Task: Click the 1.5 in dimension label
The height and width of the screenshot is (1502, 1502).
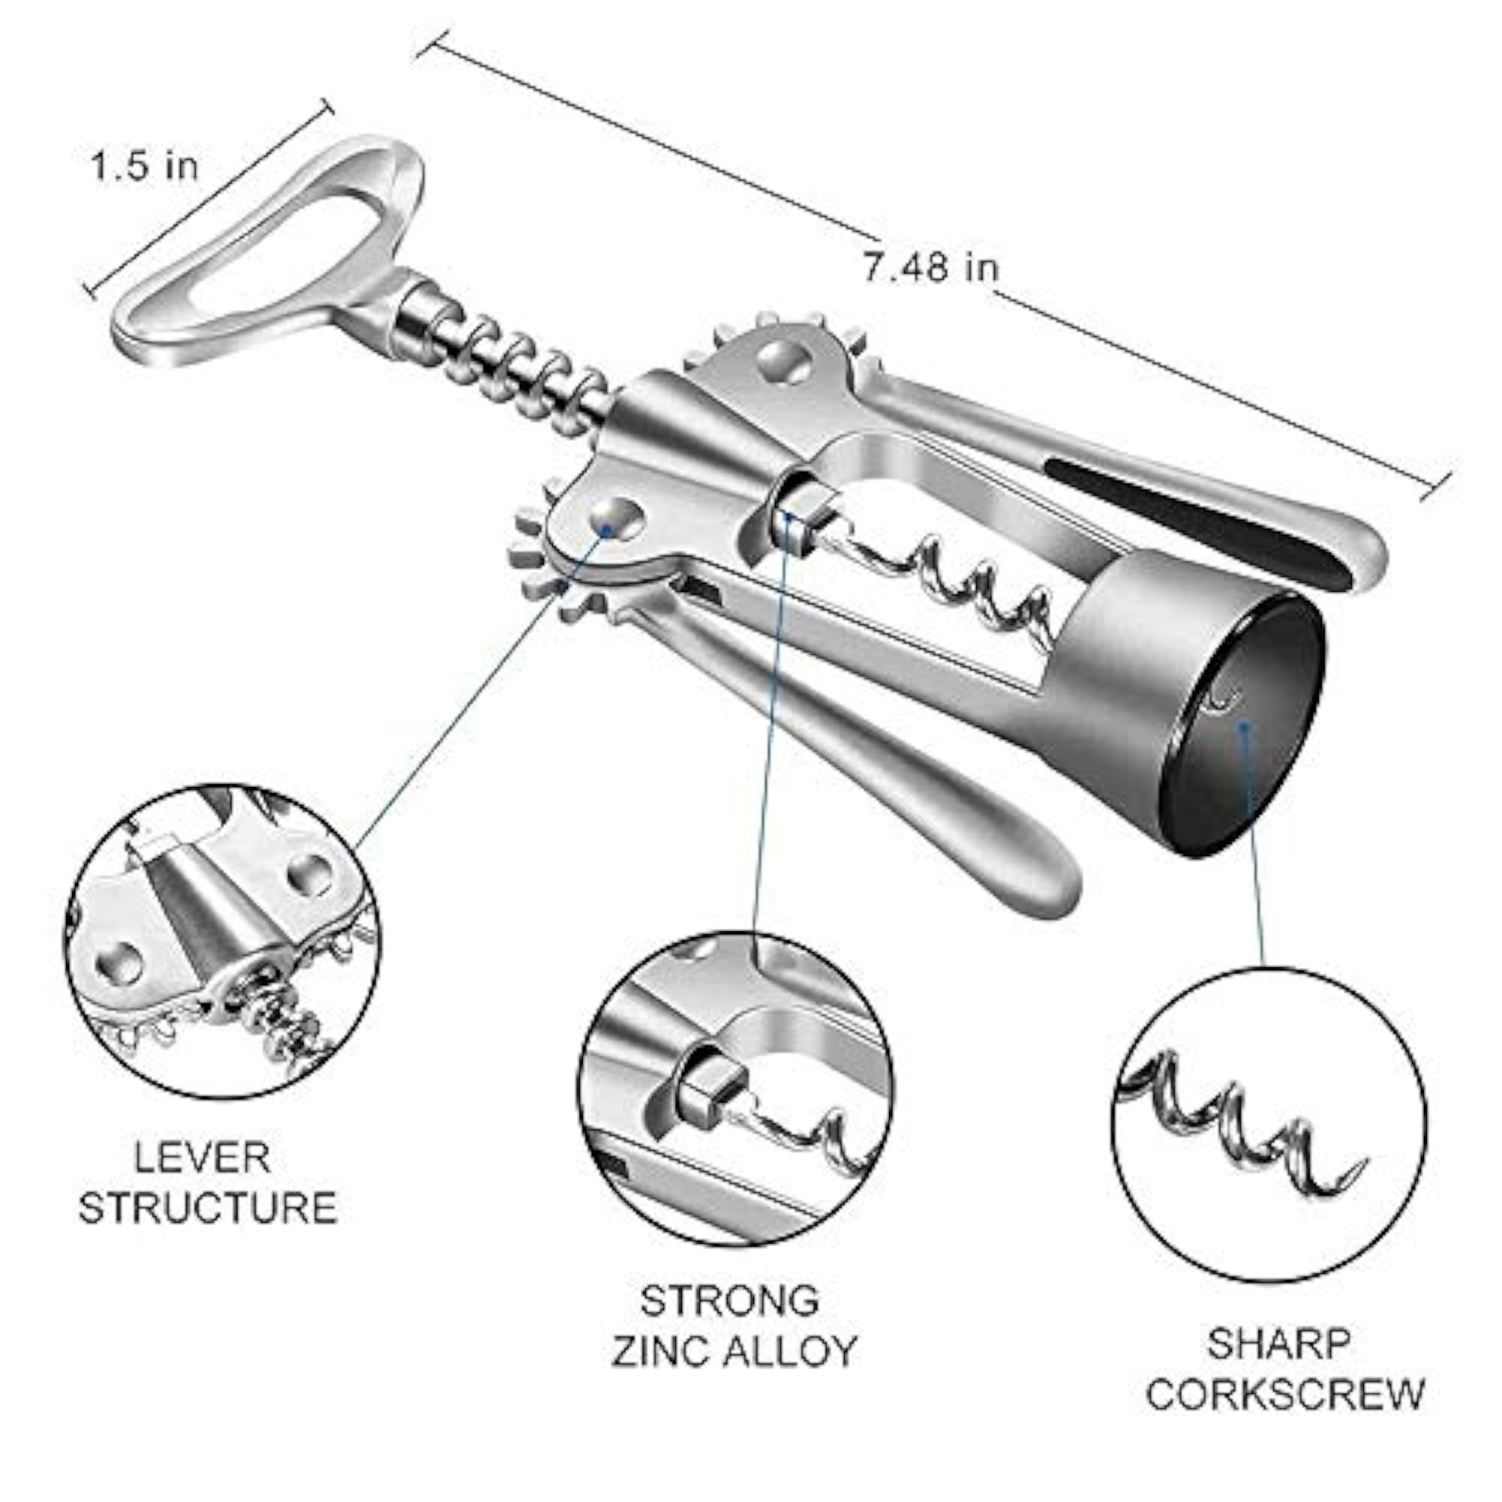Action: pos(145,165)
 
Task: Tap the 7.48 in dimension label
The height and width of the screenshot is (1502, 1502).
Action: pos(930,267)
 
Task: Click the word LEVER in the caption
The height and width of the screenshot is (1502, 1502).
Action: pos(202,1157)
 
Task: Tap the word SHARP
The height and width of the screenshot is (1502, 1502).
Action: pos(1279,1344)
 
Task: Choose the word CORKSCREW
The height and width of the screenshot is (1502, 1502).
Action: pos(1285,1393)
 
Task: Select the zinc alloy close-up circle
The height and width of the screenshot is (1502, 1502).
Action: pos(735,1089)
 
